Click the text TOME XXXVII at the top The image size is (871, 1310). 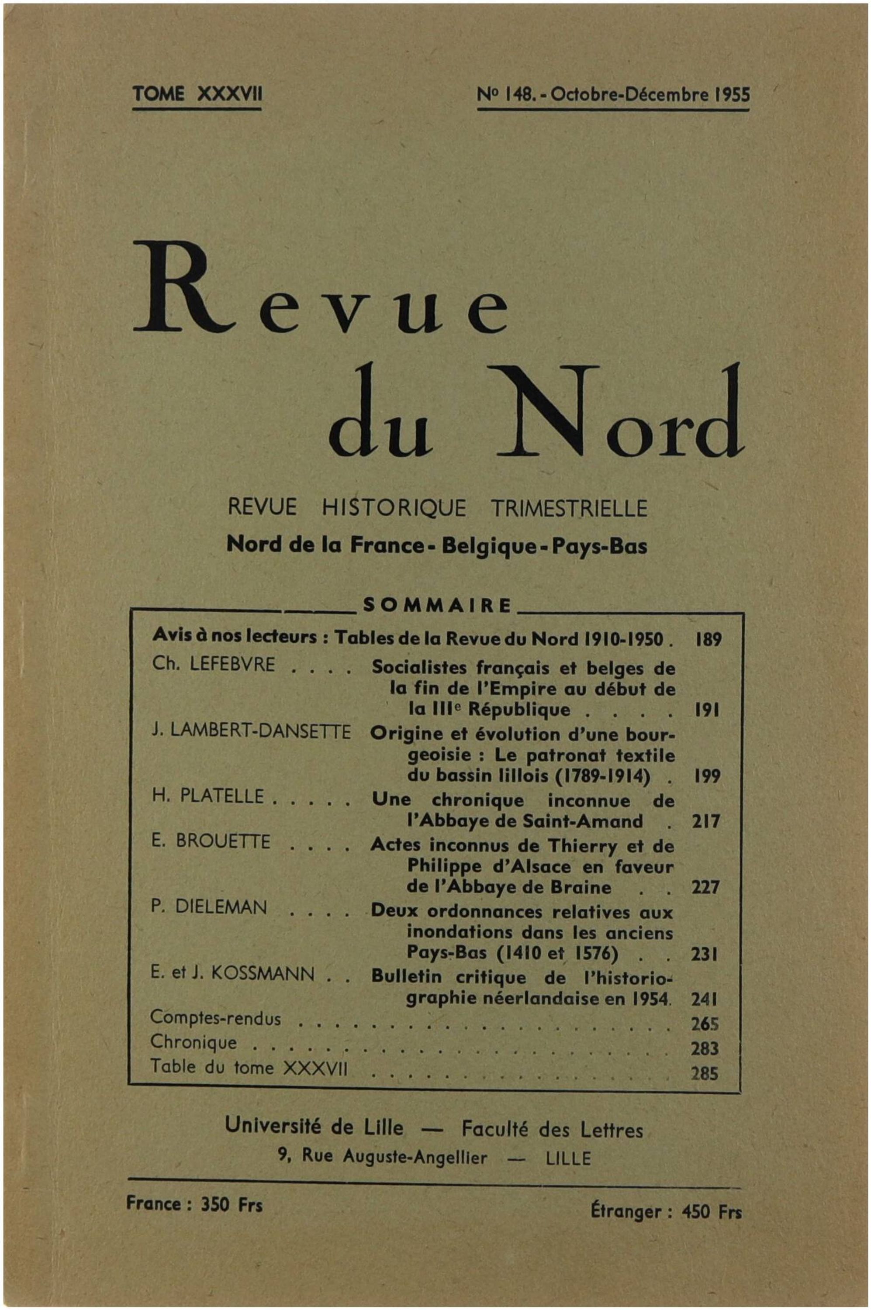pos(197,94)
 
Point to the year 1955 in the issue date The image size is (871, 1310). pos(732,94)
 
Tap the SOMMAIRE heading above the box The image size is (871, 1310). pos(437,605)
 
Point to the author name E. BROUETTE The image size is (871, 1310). pos(211,841)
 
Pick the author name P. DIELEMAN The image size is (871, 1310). pos(209,907)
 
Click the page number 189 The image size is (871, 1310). pos(708,639)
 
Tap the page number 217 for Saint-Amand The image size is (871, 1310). pos(705,821)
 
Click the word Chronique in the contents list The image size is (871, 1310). pos(194,1042)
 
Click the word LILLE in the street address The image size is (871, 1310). pos(568,1159)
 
